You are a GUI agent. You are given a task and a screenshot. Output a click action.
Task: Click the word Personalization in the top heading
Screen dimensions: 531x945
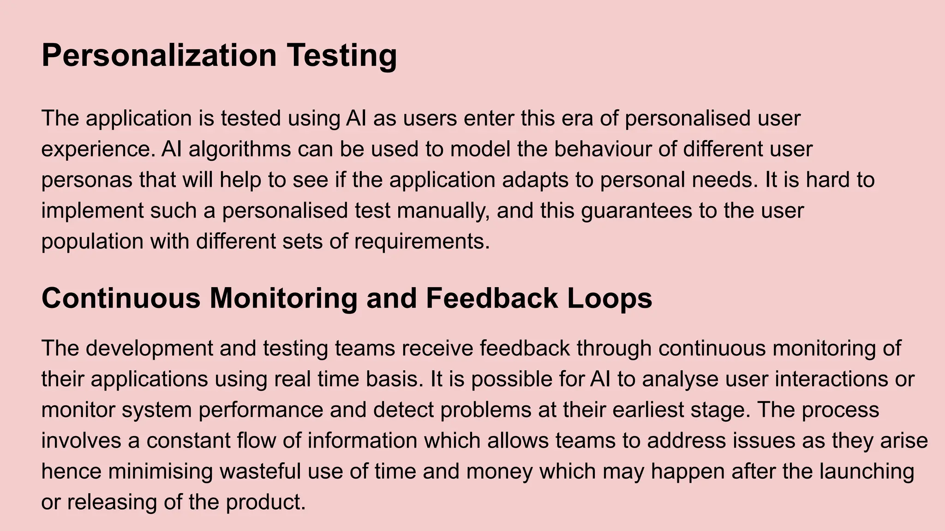pos(159,55)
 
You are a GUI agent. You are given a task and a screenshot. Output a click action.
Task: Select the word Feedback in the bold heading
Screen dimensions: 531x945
pos(491,298)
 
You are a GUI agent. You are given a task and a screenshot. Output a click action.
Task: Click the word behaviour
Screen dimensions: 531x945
pos(603,149)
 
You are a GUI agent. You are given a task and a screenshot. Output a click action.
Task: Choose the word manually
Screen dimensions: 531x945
pos(443,211)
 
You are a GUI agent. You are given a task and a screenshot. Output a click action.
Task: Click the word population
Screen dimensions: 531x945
pos(92,242)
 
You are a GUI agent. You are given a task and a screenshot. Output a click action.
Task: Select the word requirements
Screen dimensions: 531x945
pos(421,242)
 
